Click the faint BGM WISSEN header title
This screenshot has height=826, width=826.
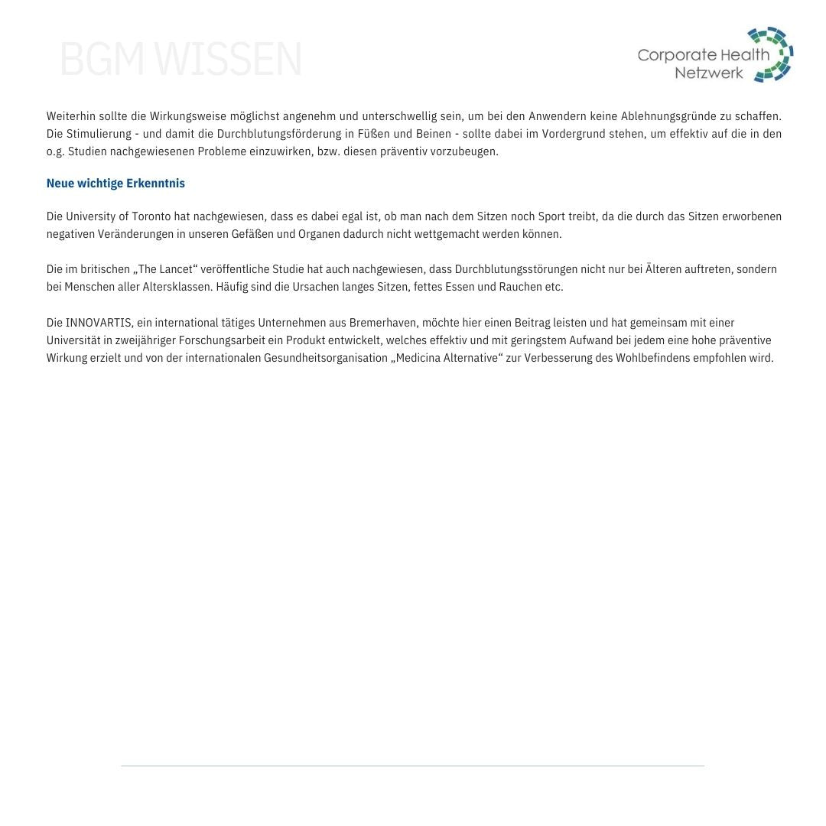click(180, 60)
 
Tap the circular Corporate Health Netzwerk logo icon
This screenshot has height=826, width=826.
click(771, 54)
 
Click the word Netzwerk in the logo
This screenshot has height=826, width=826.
click(709, 73)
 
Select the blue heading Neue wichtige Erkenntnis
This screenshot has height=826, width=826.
click(115, 184)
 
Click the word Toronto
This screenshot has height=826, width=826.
click(150, 216)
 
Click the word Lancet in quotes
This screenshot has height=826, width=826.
click(175, 269)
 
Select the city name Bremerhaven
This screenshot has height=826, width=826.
click(382, 323)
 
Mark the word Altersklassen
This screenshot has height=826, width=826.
click(175, 287)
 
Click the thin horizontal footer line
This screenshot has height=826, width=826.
click(412, 766)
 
